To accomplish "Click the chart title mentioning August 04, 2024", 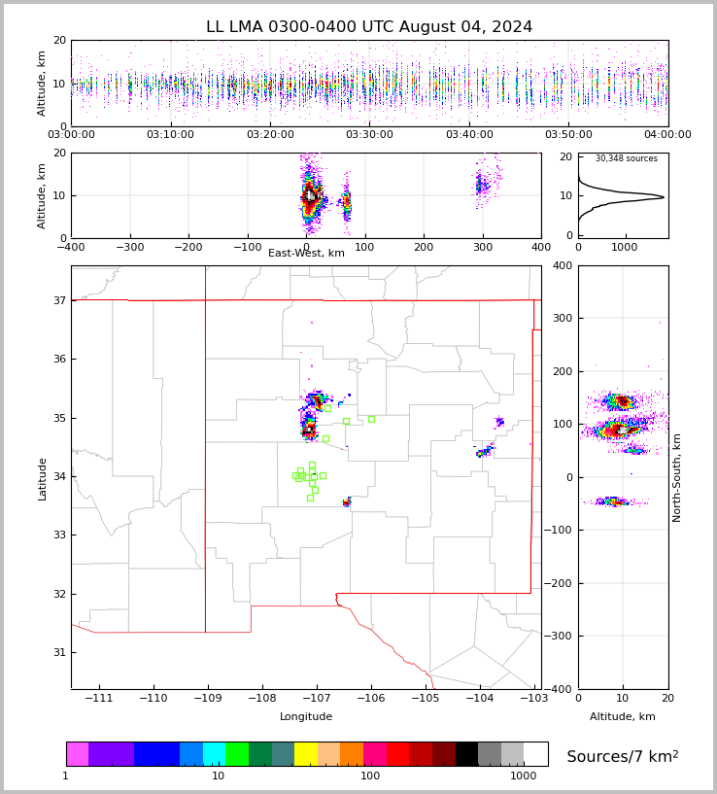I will tap(369, 27).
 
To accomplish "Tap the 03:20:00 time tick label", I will tap(270, 135).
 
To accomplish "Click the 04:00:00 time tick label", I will tap(667, 135).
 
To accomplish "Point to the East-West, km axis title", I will tap(306, 254).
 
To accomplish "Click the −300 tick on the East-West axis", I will tap(130, 247).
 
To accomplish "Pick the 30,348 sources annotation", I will tap(626, 159).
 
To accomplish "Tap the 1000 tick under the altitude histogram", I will tap(625, 247).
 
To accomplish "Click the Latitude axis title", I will tap(43, 478).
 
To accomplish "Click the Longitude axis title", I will tap(306, 717).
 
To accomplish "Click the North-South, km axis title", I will tap(677, 477).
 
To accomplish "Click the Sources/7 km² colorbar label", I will tap(622, 757).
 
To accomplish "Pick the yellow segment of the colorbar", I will tap(306, 754).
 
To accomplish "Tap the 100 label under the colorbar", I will tap(370, 777).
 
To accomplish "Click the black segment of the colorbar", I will tap(466, 754).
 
